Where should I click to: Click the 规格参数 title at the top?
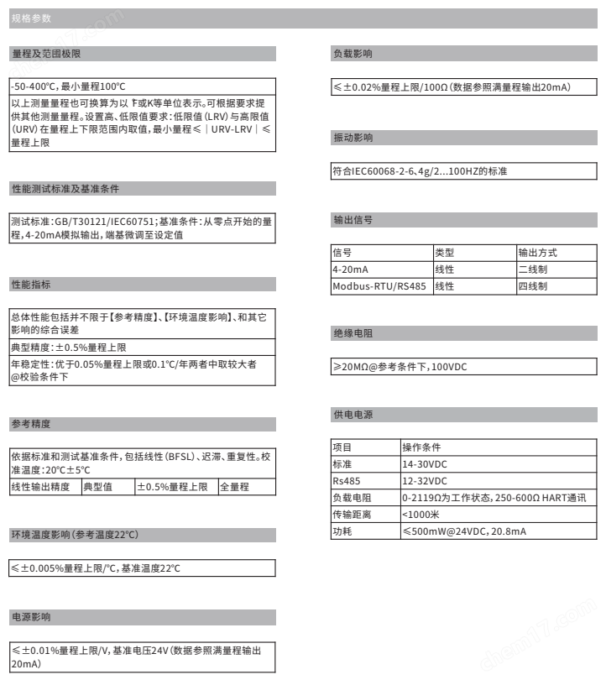(31, 19)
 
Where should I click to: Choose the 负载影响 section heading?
(353, 54)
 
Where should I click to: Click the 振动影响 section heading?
(353, 138)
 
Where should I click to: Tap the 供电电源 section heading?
(353, 416)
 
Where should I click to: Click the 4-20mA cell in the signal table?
(351, 269)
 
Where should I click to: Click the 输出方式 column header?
(537, 253)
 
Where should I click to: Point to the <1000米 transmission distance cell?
(421, 515)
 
